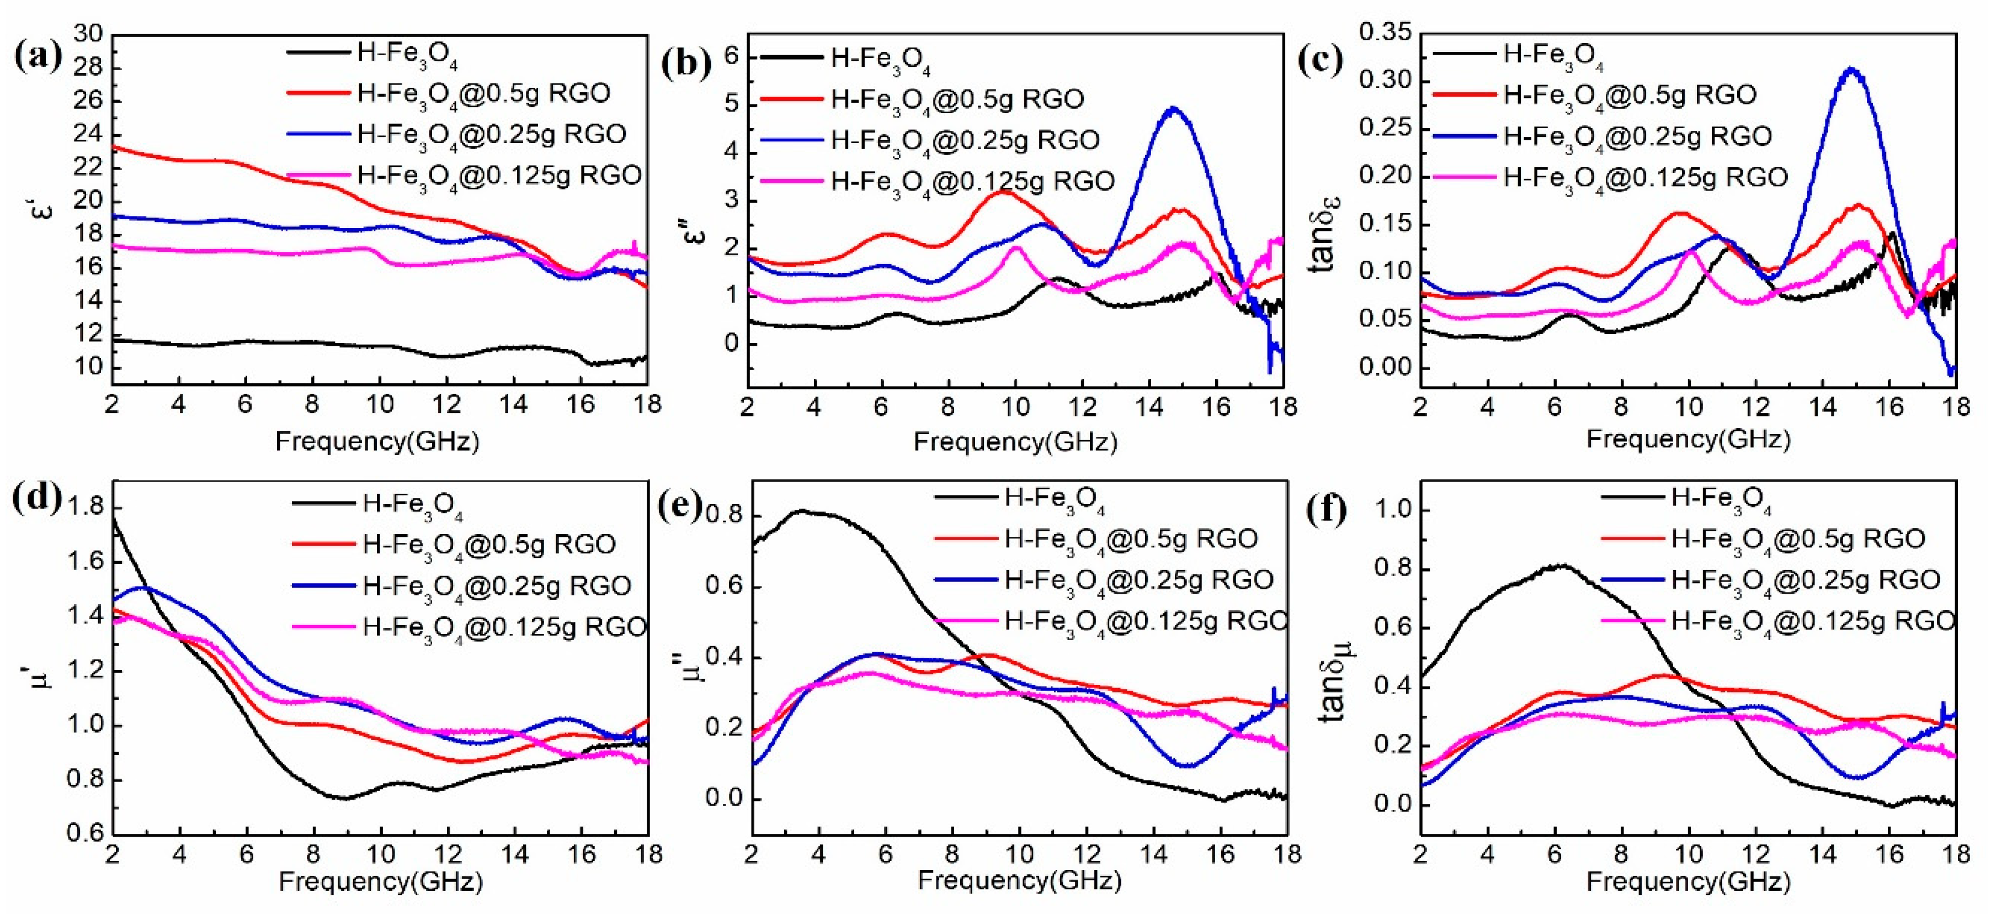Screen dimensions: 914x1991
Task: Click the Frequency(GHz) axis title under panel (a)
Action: coord(377,441)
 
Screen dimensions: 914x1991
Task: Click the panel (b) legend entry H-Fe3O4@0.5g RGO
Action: coord(957,99)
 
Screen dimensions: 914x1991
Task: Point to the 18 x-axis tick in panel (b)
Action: coord(1283,406)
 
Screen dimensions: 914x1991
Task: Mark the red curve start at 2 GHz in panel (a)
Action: coord(114,146)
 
